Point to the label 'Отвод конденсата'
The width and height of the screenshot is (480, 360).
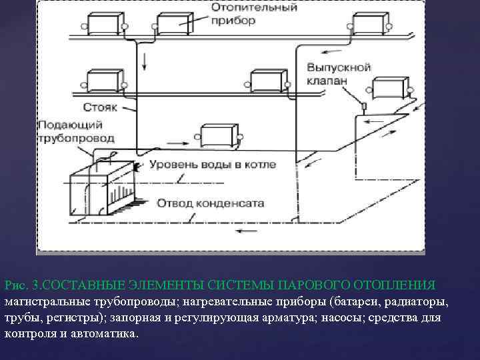point(210,203)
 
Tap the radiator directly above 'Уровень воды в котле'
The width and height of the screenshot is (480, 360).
point(217,136)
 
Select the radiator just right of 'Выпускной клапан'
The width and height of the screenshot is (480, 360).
point(391,88)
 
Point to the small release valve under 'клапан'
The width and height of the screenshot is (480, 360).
point(363,107)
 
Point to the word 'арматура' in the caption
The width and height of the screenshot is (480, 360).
point(280,317)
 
